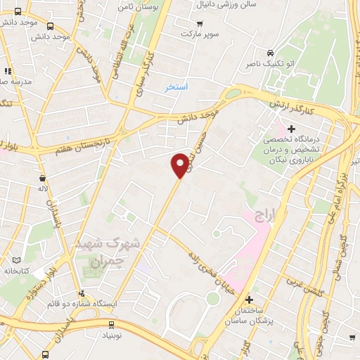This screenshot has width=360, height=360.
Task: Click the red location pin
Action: (x=181, y=165)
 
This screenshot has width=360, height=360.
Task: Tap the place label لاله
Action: (x=44, y=189)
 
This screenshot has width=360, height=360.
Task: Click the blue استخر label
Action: (x=176, y=88)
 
